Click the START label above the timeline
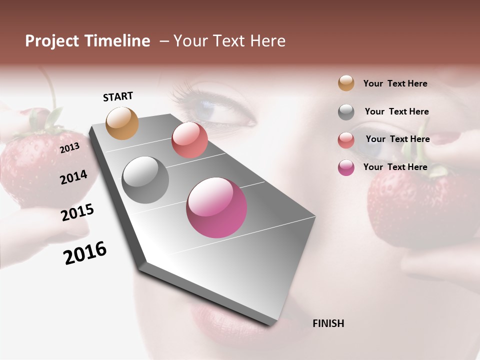118,96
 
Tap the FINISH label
328,323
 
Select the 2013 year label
70,147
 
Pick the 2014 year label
73,177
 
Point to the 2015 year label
77,212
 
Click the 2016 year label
85,253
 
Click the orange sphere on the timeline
122,123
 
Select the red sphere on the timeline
189,139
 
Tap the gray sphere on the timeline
145,180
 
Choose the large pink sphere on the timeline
216,207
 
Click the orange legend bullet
346,83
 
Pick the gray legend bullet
346,112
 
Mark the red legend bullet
346,140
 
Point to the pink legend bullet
346,167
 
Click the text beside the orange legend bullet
395,83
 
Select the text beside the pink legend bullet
395,167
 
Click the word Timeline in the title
118,41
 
